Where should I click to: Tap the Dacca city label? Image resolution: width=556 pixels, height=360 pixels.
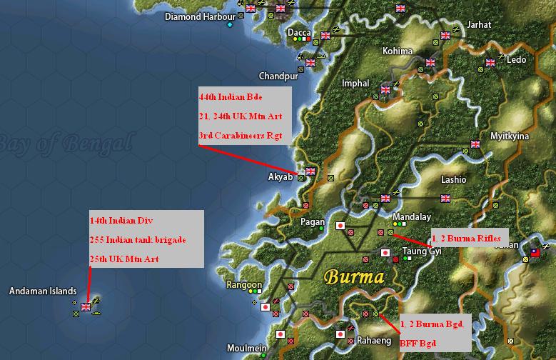[x=299, y=33]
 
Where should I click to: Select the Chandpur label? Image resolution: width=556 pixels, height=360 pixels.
[x=278, y=76]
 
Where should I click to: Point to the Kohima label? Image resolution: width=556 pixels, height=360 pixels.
[x=398, y=51]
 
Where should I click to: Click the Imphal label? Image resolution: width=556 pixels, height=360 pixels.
[x=355, y=84]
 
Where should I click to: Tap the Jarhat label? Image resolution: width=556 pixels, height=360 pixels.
[x=478, y=24]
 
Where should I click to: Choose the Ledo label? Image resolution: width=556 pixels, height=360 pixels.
[x=516, y=61]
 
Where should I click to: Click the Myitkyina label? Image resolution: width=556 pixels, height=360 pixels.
[x=510, y=136]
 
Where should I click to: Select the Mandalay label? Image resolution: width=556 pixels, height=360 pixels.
[x=413, y=216]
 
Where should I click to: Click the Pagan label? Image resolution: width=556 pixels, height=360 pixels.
[x=313, y=222]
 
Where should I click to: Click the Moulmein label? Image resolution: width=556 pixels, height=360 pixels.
[x=247, y=348]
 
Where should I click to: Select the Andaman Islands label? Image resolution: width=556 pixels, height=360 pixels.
[x=43, y=291]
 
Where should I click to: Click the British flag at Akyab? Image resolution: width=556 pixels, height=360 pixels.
[x=310, y=171]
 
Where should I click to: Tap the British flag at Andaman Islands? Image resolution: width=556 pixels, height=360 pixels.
[x=86, y=307]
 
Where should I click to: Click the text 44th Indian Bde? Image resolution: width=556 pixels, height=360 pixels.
[x=230, y=97]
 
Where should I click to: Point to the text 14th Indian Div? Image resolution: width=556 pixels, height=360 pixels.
[x=121, y=221]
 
